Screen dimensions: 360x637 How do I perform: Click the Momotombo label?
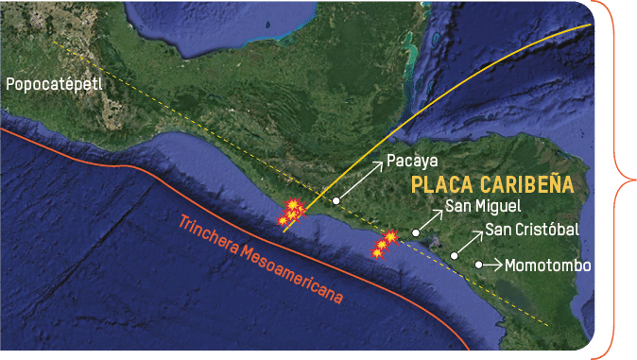(x=548, y=266)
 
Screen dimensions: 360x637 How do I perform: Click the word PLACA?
(x=447, y=184)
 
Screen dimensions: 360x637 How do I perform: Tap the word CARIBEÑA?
(x=533, y=184)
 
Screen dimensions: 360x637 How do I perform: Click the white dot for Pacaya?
(x=336, y=200)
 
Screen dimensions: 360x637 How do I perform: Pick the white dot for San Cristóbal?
(x=455, y=255)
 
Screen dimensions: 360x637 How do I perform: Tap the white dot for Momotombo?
(x=479, y=265)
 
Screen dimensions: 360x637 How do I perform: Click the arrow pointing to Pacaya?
(x=360, y=180)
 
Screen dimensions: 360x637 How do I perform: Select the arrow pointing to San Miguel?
(x=429, y=221)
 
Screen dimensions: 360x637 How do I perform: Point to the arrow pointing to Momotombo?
(x=491, y=265)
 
